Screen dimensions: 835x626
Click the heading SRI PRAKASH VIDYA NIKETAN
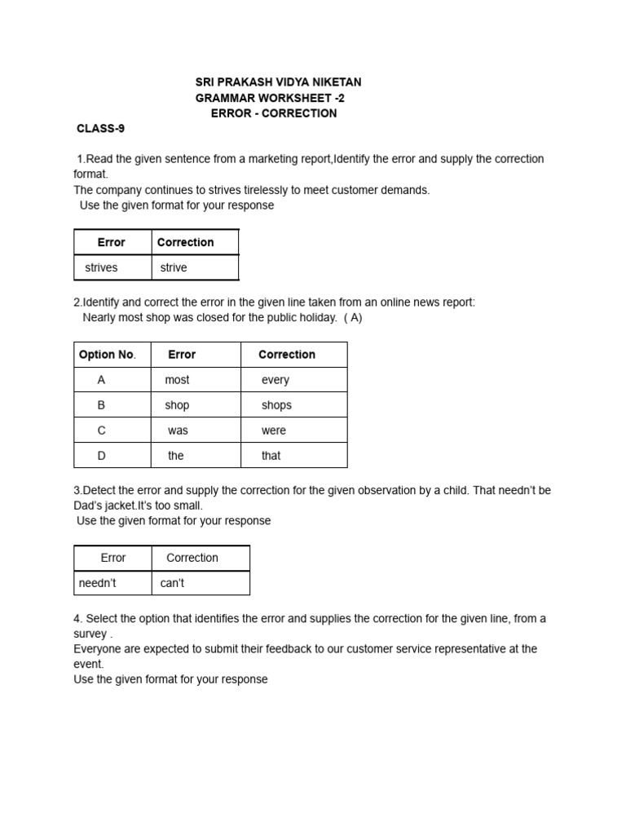click(278, 82)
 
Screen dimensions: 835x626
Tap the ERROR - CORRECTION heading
click(273, 113)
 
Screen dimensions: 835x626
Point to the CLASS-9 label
click(100, 129)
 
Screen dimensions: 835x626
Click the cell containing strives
click(102, 267)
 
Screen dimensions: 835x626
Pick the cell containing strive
click(174, 267)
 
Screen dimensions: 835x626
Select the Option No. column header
click(107, 355)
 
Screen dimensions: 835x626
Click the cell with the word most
click(177, 380)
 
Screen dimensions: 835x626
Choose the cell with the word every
click(276, 380)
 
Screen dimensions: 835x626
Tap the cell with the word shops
click(276, 405)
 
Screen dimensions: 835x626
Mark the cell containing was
click(178, 431)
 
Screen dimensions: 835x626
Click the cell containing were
click(274, 431)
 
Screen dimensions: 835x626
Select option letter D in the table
click(102, 456)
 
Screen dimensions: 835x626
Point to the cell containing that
click(271, 456)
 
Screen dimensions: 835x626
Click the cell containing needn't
click(98, 583)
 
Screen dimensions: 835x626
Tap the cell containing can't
click(173, 583)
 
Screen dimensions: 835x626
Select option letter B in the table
click(102, 405)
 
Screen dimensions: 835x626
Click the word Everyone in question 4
click(98, 649)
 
